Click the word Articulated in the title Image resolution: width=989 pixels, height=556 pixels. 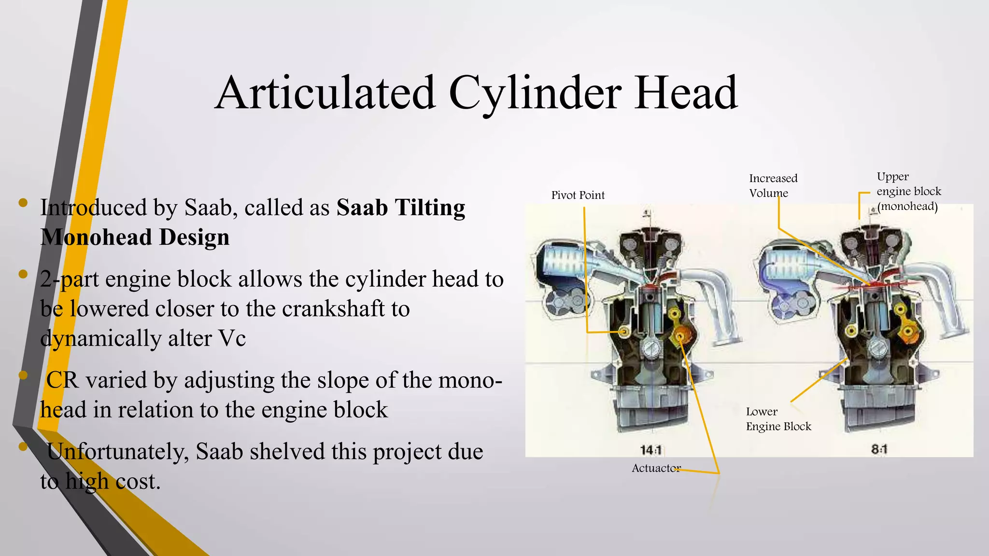coord(326,93)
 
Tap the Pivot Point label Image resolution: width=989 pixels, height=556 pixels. coord(578,195)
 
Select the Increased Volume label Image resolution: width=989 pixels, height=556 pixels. coord(773,186)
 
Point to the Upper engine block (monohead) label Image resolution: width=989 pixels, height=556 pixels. coord(908,192)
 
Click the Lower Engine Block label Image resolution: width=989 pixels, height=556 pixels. coord(778,419)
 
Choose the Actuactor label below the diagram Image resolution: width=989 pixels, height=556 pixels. coord(656,468)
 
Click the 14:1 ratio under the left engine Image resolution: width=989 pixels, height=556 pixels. coord(650,450)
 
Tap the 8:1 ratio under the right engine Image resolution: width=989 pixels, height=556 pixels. coord(879,449)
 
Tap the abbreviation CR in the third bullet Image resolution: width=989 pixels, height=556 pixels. coord(62,380)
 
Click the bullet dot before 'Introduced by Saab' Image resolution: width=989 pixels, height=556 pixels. coord(23,203)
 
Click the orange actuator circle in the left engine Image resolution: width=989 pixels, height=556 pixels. coord(680,334)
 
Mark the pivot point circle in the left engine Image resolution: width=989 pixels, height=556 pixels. coord(624,332)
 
